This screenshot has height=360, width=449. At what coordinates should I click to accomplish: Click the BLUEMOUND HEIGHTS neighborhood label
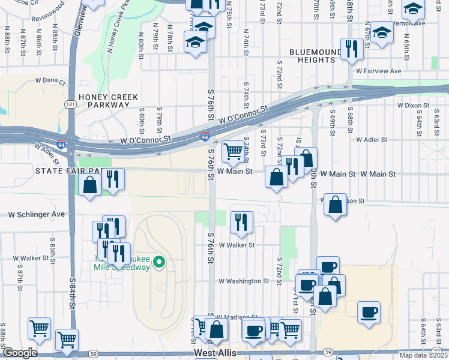pyautogui.click(x=312, y=56)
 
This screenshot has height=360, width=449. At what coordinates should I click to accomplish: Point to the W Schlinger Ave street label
pyautogui.click(x=36, y=214)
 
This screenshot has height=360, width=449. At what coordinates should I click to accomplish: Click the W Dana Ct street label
pyautogui.click(x=50, y=80)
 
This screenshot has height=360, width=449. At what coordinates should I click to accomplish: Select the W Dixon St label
pyautogui.click(x=414, y=105)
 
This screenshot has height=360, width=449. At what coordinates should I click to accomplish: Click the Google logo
pyautogui.click(x=19, y=353)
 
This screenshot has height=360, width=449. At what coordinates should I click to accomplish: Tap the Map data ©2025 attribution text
pyautogui.click(x=423, y=355)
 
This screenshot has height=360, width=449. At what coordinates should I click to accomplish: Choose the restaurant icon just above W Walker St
pyautogui.click(x=241, y=221)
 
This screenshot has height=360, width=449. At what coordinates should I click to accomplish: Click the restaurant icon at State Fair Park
pyautogui.click(x=112, y=178)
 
